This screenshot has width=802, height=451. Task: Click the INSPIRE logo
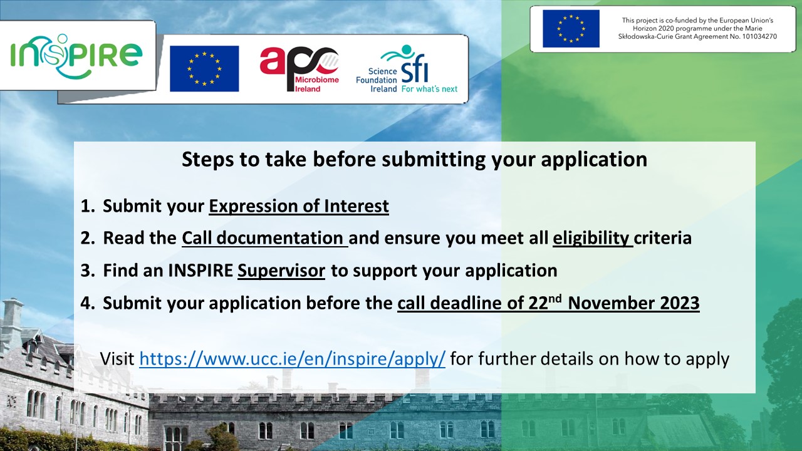pos(76,56)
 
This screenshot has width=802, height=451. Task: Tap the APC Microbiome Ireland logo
pos(299,69)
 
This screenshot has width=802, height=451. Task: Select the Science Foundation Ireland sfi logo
pos(407,69)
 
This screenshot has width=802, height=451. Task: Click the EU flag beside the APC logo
pos(204,68)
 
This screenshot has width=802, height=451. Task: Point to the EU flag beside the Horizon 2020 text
pos(571,29)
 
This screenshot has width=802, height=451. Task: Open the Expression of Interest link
pos(299,206)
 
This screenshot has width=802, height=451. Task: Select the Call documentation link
pos(264,238)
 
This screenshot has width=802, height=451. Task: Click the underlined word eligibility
pos(593,238)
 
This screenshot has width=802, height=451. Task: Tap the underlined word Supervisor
pos(281,271)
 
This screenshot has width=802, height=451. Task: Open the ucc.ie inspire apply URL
pos(292,359)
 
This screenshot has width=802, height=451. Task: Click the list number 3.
pos(87,271)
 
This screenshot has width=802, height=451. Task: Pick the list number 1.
pos(87,206)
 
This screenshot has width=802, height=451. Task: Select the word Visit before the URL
pos(117,359)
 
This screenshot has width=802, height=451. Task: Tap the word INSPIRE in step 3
pos(200,271)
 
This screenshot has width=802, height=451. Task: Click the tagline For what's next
pos(429,89)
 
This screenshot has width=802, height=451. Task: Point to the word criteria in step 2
pos(663,238)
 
